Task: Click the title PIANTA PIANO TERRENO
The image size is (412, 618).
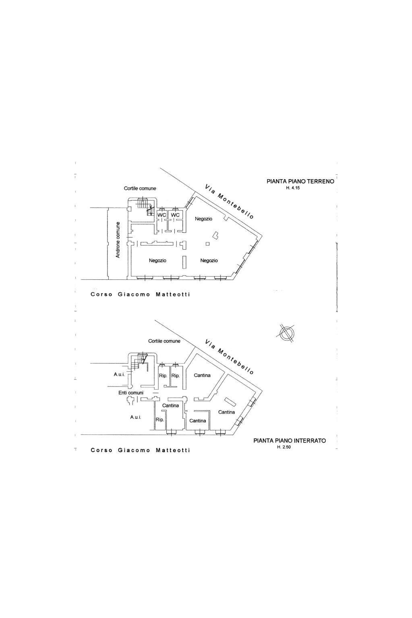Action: point(300,181)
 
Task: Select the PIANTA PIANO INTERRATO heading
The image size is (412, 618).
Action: point(290,440)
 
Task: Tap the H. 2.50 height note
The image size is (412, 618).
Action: point(284,447)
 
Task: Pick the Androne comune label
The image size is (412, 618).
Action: point(118,240)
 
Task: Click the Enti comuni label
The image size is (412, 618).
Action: point(131,393)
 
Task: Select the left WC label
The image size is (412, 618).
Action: point(161,215)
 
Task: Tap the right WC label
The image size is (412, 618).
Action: point(175,215)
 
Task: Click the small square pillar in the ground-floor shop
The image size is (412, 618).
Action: point(207,244)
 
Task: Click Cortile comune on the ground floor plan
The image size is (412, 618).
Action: point(140,188)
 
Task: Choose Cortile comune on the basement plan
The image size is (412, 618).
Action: point(164,341)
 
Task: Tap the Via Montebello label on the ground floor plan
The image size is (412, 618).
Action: point(229,202)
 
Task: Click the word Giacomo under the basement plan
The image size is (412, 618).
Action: point(134,450)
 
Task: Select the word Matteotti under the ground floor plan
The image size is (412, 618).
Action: point(173,294)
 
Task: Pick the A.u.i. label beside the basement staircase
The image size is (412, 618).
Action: point(119,374)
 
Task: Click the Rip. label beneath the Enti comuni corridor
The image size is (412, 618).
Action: point(160,420)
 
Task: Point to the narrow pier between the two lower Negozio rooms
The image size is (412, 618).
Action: point(184,262)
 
